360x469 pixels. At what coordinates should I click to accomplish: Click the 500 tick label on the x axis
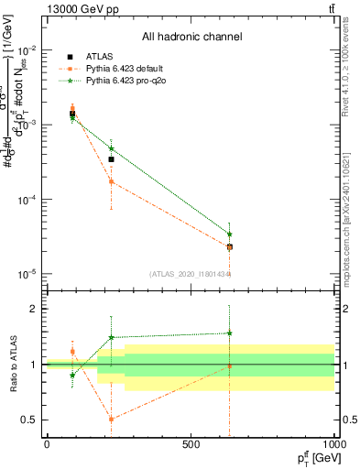(191, 444)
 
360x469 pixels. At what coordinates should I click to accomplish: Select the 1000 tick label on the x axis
(333, 444)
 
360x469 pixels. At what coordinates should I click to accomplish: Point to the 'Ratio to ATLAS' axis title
(12, 365)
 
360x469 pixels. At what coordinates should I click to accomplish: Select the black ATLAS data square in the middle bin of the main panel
(111, 159)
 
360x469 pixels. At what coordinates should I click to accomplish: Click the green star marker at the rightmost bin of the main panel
(229, 234)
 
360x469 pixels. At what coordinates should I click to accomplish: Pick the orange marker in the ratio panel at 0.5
(111, 420)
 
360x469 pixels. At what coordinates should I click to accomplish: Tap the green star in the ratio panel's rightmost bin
(229, 333)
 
